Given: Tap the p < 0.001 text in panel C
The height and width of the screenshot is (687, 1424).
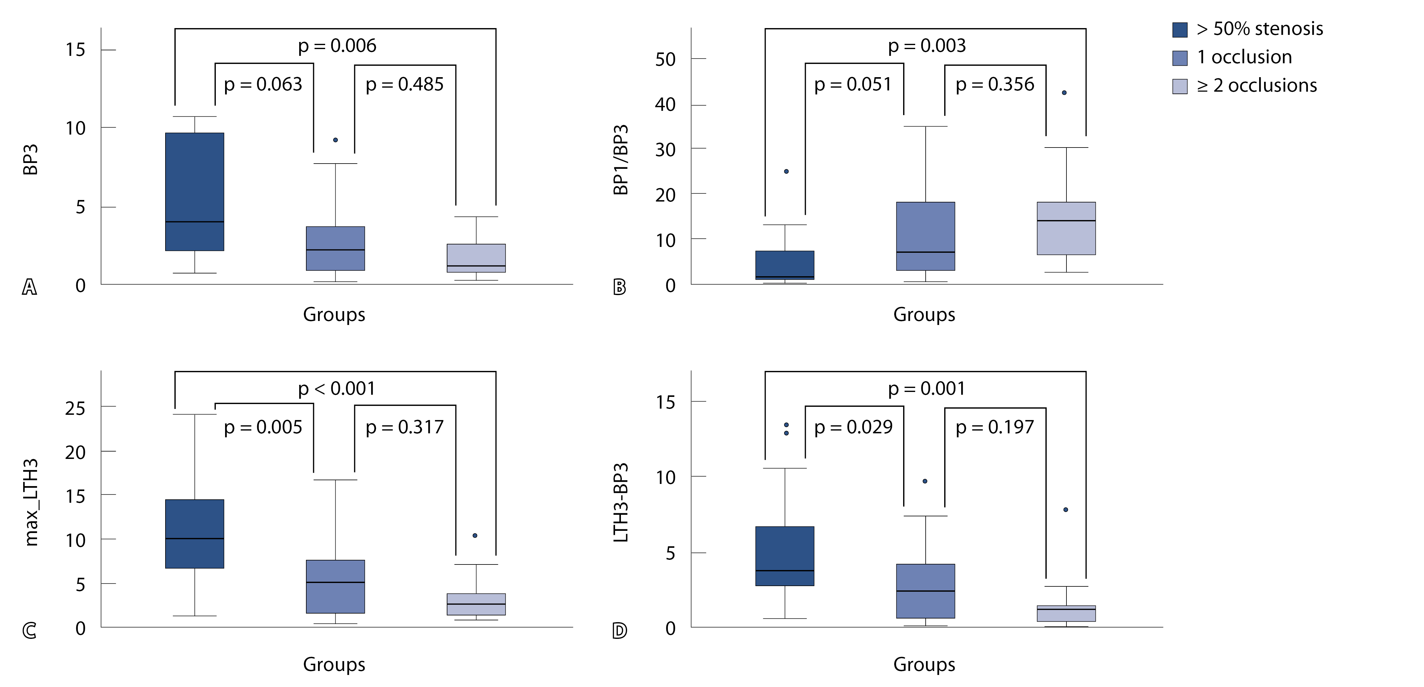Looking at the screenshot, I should [336, 389].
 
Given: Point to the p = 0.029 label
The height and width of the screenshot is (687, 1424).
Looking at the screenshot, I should [853, 427].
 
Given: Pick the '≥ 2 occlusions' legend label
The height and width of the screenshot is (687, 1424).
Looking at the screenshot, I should [1257, 86].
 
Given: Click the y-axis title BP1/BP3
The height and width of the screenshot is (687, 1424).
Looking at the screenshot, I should [621, 160].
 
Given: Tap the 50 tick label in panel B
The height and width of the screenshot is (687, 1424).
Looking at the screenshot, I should [665, 59].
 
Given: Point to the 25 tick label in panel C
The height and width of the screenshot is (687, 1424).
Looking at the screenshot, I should [75, 408].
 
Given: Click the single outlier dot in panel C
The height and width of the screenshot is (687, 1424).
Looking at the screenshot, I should [475, 535].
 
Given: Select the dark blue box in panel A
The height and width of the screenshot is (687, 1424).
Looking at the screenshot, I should [195, 191].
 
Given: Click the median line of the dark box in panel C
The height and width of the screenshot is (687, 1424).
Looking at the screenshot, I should [195, 538].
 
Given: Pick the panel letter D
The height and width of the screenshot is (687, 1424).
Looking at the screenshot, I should [620, 631].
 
